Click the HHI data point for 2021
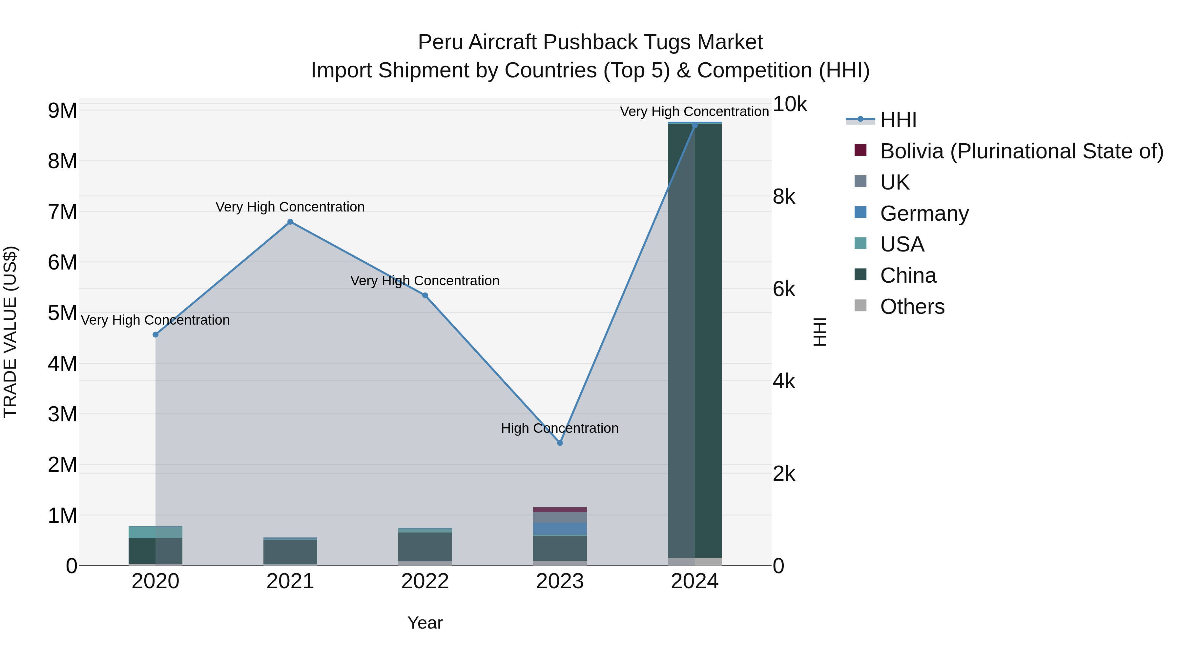click(x=290, y=222)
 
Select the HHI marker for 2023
click(x=560, y=443)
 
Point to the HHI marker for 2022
click(x=425, y=295)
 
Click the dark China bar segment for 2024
click(x=694, y=339)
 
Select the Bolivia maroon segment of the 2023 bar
click(x=560, y=510)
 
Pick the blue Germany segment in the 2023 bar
click(x=560, y=529)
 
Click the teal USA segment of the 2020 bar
click(x=155, y=532)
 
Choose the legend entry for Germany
click(x=924, y=213)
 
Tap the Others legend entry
click(x=912, y=307)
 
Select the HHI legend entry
click(x=898, y=120)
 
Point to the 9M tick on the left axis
click(x=63, y=111)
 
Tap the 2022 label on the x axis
click(x=425, y=581)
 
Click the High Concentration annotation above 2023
click(x=560, y=428)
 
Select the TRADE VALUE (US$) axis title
click(x=10, y=332)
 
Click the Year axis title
click(x=425, y=623)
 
